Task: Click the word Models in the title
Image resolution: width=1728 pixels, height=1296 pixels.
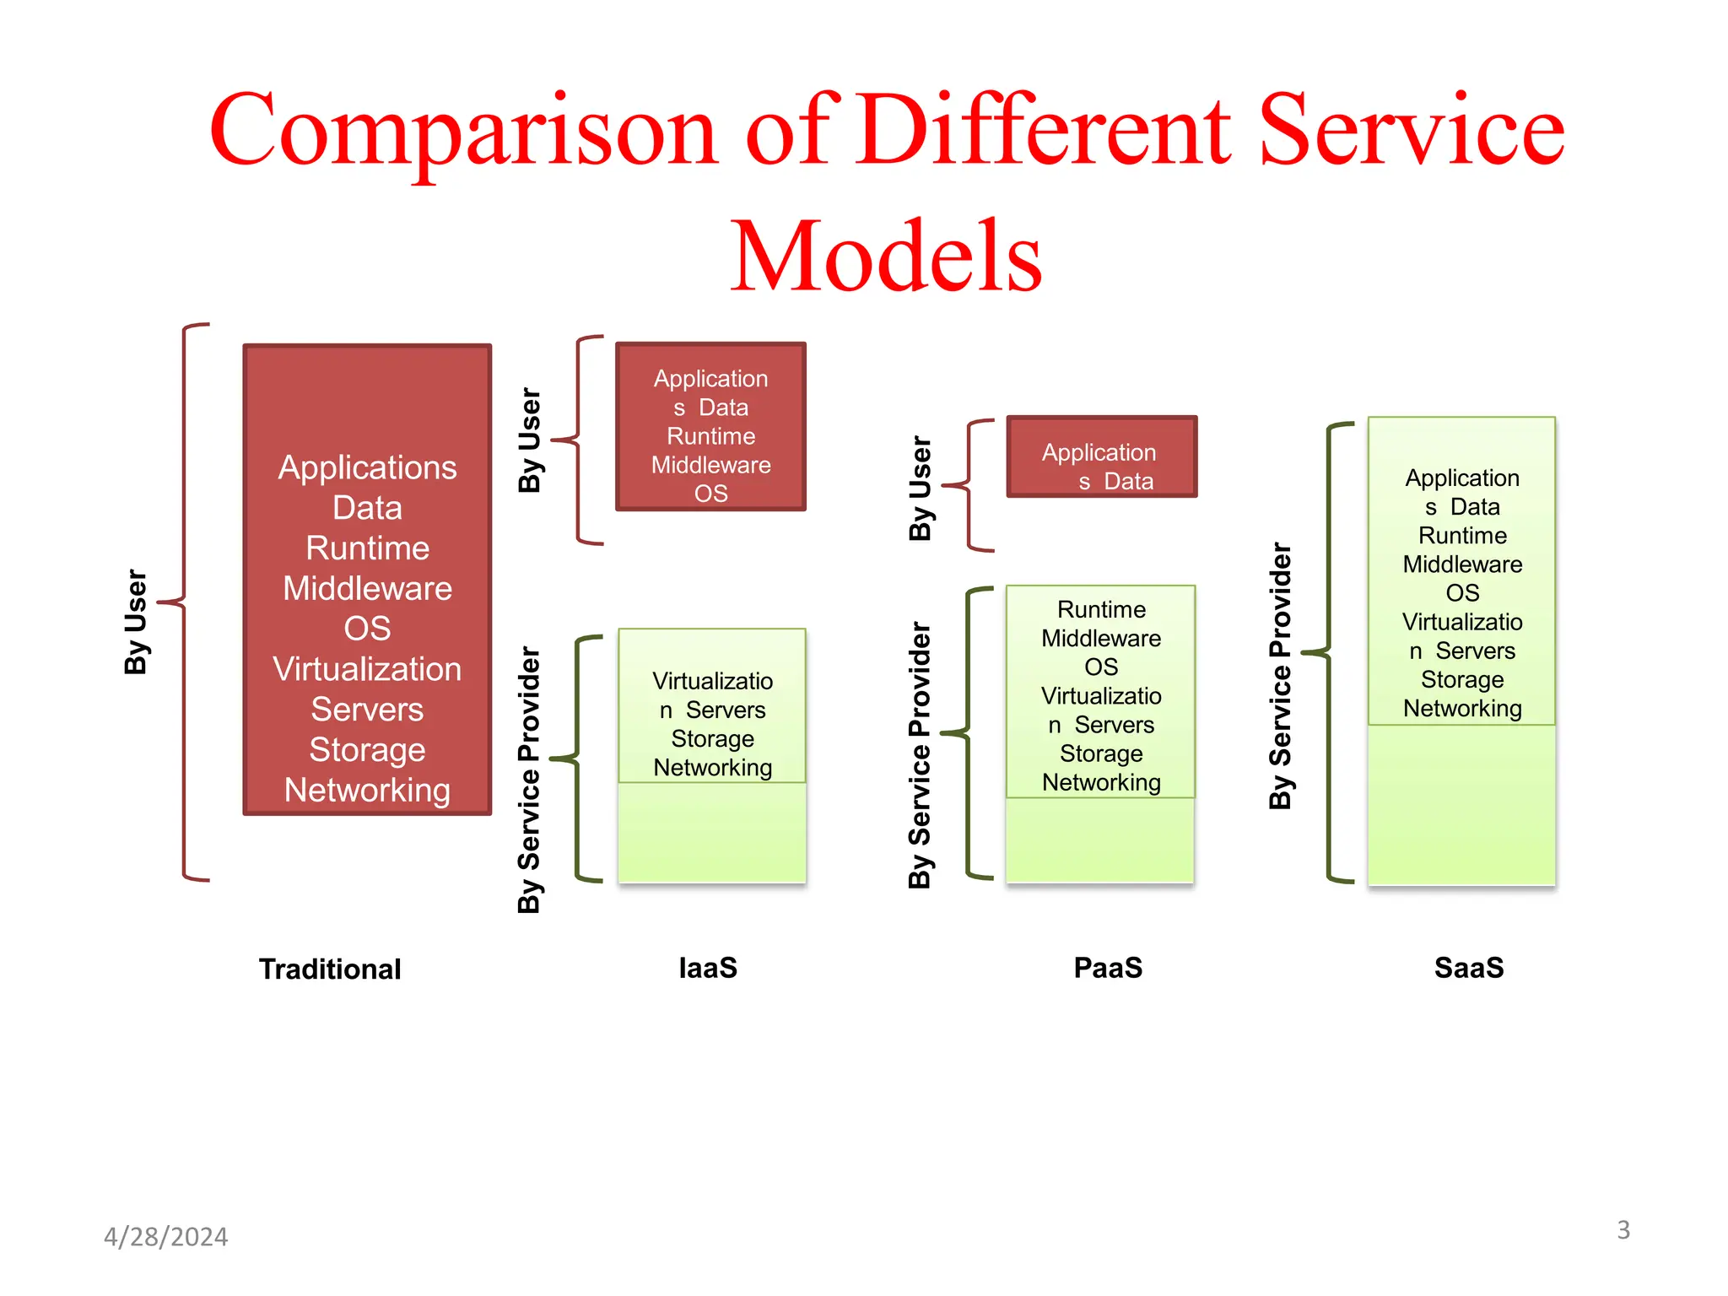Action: [x=886, y=256]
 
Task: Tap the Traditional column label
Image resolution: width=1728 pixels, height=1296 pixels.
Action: [x=330, y=969]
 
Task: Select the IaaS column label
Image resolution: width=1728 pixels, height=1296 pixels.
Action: [x=708, y=968]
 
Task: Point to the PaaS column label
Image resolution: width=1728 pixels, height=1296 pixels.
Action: [x=1108, y=968]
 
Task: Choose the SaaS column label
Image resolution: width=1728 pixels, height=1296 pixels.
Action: [x=1469, y=968]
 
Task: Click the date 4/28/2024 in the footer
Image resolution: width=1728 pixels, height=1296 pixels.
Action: [x=165, y=1237]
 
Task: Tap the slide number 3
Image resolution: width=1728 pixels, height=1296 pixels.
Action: [x=1623, y=1230]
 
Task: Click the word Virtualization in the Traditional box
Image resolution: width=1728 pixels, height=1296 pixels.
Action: [x=367, y=669]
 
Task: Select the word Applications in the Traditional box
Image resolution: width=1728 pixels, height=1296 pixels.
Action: [x=367, y=467]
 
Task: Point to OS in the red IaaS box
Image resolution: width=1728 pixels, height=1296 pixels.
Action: [x=710, y=494]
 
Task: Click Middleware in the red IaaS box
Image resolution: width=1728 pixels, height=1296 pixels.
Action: [x=710, y=465]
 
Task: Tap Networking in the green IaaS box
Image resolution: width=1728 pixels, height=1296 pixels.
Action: [x=712, y=768]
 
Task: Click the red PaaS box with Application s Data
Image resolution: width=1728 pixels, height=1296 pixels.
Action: [x=1101, y=457]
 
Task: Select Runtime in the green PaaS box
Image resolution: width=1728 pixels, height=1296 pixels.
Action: [x=1101, y=609]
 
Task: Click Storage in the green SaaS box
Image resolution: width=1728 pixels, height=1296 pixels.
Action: [x=1462, y=680]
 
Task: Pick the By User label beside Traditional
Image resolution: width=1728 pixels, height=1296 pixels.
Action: [x=136, y=622]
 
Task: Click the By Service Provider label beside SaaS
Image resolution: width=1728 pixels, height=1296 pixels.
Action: [x=1280, y=675]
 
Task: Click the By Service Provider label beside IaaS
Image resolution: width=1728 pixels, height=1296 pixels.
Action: [x=528, y=780]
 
